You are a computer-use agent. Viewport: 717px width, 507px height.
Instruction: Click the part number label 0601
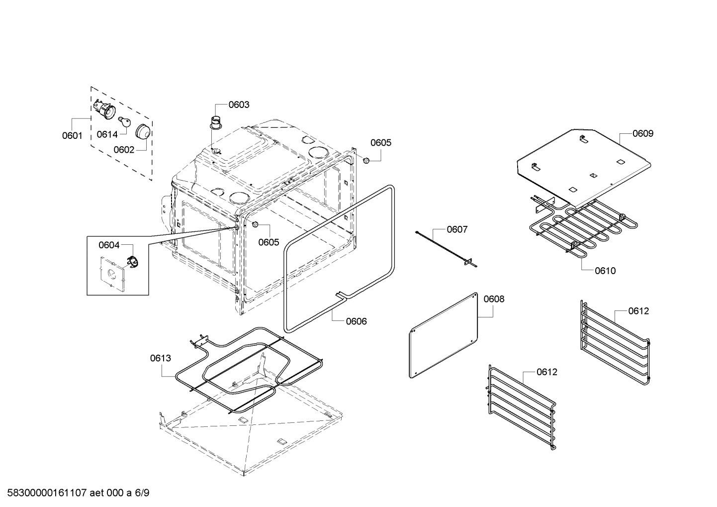point(72,135)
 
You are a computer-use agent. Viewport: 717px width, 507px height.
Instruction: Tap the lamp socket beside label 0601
point(103,109)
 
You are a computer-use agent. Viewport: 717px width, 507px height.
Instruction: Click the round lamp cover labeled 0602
point(144,131)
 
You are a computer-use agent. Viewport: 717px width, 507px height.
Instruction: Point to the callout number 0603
point(239,104)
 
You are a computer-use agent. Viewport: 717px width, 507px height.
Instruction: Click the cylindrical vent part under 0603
point(216,122)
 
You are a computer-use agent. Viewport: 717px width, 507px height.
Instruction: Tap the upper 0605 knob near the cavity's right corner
point(366,160)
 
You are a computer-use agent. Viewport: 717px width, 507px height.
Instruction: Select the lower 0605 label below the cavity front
point(269,242)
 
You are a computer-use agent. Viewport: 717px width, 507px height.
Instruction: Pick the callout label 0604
point(109,245)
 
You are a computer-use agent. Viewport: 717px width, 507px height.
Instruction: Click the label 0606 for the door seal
point(357,321)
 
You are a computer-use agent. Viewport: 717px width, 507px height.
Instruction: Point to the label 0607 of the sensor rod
point(457,229)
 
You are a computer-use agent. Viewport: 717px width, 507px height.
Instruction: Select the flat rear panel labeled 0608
point(442,334)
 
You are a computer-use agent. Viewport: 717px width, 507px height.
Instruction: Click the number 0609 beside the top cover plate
point(643,133)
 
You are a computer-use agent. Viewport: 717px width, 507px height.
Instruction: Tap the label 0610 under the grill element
point(605,271)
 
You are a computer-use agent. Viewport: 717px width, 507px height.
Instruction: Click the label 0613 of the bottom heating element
point(161,358)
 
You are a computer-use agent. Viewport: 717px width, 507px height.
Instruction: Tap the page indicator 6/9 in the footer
point(142,493)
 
